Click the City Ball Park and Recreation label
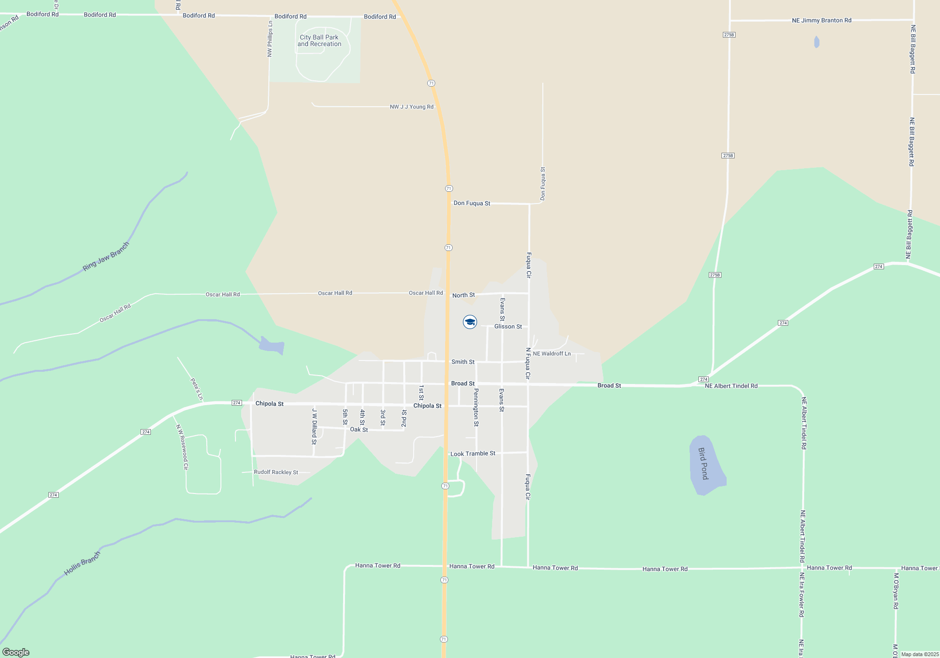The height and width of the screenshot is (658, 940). [319, 40]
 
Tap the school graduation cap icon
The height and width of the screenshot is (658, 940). [470, 322]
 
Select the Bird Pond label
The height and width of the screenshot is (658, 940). [703, 463]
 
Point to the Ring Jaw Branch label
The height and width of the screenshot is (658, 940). [106, 257]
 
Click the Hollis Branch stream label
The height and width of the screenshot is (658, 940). [82, 564]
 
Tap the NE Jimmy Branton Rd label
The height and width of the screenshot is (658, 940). [822, 20]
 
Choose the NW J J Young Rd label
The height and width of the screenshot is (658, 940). [411, 107]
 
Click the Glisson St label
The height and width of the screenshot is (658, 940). [508, 327]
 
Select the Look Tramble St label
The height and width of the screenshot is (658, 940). [472, 454]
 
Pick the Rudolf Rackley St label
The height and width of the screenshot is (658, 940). [276, 472]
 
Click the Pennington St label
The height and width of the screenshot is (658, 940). [476, 407]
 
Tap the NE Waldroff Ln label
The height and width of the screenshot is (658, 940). [552, 353]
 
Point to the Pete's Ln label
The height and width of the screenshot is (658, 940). [196, 389]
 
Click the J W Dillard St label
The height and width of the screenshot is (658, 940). [314, 426]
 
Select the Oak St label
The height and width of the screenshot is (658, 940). [359, 430]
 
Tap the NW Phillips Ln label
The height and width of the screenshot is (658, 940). [270, 39]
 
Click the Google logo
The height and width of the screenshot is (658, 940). [16, 652]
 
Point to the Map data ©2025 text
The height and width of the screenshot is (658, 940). [919, 654]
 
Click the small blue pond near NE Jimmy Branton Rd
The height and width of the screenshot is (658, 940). [816, 42]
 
